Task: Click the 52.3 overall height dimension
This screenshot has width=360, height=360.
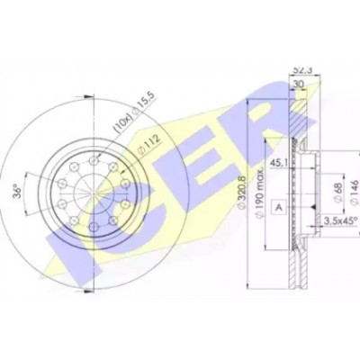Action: (301, 70)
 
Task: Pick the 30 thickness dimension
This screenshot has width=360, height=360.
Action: (299, 85)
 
